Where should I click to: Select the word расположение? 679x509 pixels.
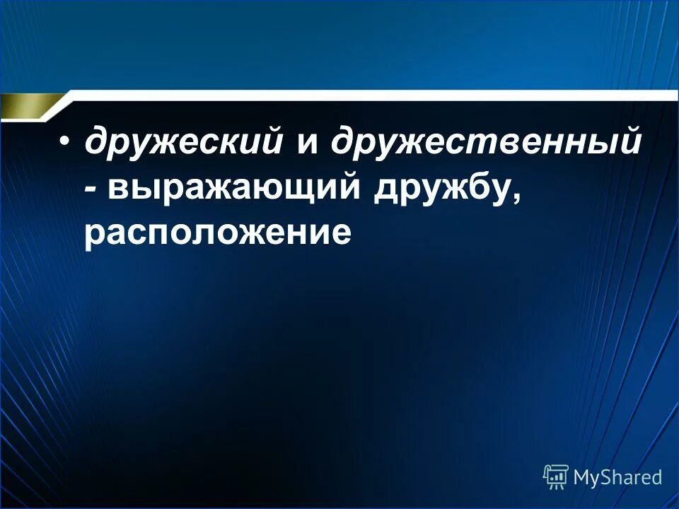click(217, 233)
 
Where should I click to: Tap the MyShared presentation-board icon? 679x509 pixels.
click(555, 476)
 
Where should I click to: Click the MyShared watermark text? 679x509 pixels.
click(617, 477)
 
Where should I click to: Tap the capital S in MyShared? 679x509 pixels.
click(606, 477)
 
